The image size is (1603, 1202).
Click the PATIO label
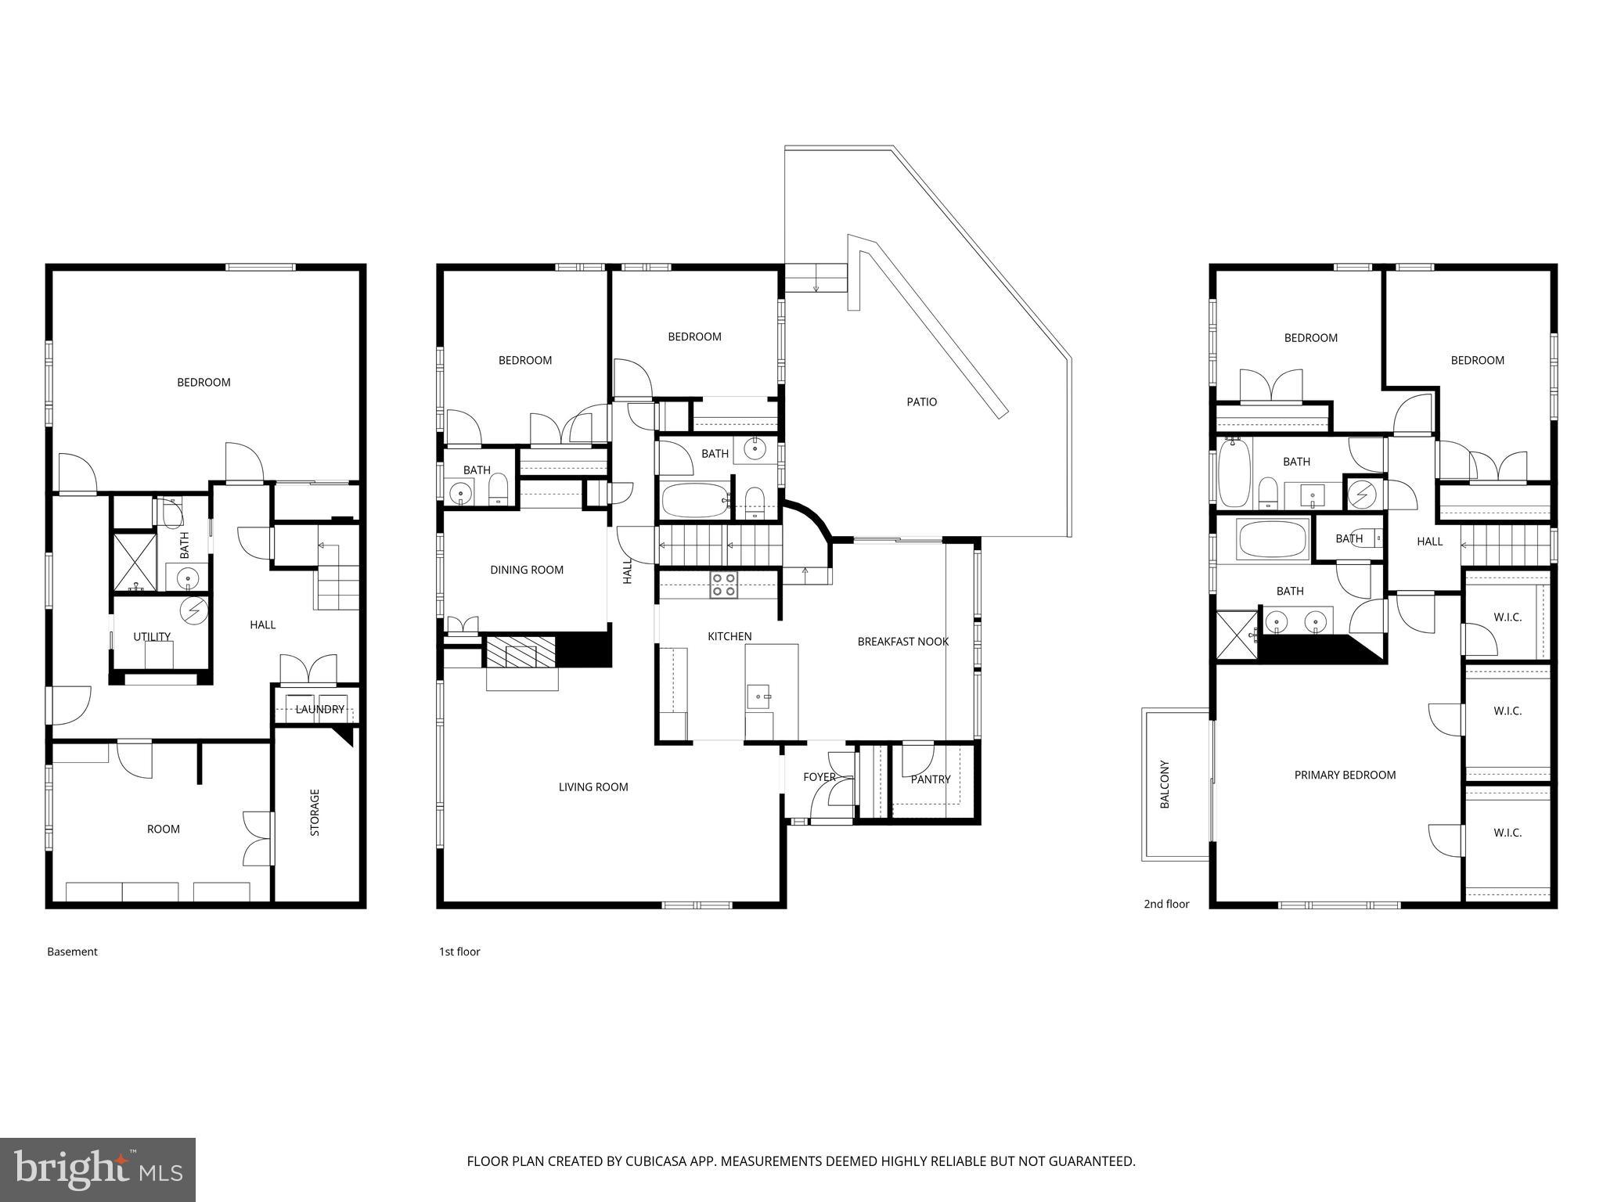click(921, 401)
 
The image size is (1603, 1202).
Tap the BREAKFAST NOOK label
click(902, 642)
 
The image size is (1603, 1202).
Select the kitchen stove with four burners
click(723, 585)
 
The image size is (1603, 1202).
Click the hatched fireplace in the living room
click(521, 652)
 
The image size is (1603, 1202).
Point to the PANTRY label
click(931, 779)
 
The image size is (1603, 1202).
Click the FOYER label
click(819, 777)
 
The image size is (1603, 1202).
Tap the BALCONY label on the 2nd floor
click(1165, 784)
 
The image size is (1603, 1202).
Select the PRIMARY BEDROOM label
click(1345, 776)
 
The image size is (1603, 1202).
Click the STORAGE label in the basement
click(315, 812)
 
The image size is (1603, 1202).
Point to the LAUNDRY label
click(319, 709)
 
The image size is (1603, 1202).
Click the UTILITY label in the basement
click(152, 637)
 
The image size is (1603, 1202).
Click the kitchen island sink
click(758, 696)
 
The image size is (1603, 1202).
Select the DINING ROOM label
click(527, 570)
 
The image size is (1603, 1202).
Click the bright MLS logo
click(98, 1170)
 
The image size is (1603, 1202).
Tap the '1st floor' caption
click(459, 952)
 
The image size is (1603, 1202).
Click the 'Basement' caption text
click(72, 952)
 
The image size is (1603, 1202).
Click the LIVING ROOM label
click(593, 787)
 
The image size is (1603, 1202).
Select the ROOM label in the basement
click(164, 830)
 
